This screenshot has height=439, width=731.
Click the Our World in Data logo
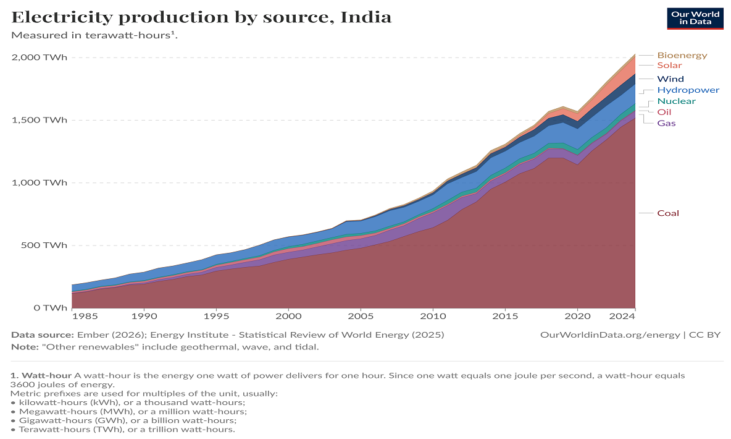click(695, 19)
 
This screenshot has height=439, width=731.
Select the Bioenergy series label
click(682, 55)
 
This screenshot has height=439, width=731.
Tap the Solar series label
click(669, 66)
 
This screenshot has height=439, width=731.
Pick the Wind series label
click(670, 79)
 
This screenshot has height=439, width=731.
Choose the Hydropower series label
click(688, 90)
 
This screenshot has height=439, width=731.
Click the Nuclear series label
click(676, 101)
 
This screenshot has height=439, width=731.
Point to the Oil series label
click(664, 112)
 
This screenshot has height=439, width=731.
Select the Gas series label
click(666, 123)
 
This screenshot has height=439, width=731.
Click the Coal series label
click(667, 213)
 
